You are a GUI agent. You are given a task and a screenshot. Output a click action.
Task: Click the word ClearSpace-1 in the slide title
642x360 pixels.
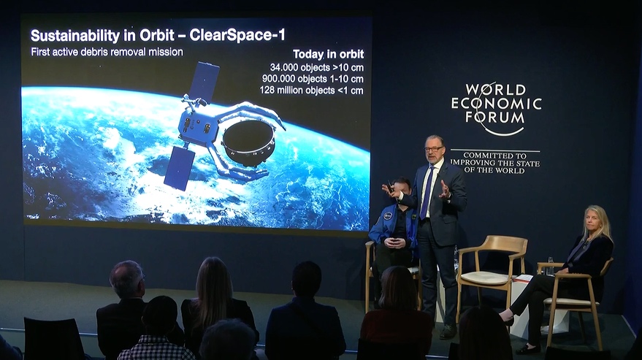pyautogui.click(x=237, y=35)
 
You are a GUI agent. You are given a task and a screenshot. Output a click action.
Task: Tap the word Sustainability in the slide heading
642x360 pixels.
pyautogui.click(x=75, y=36)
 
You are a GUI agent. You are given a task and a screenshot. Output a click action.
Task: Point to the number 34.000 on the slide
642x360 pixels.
pyautogui.click(x=283, y=67)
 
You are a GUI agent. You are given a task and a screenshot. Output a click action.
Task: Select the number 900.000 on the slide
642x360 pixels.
pyautogui.click(x=278, y=79)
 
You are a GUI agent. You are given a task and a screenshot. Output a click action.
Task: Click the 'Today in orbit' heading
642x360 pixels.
pyautogui.click(x=328, y=54)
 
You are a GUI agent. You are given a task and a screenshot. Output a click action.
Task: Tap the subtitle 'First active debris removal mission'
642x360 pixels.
pyautogui.click(x=107, y=52)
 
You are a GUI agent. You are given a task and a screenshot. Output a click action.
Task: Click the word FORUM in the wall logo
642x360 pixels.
pyautogui.click(x=495, y=117)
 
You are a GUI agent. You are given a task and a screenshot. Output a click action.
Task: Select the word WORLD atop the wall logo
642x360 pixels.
pyautogui.click(x=495, y=89)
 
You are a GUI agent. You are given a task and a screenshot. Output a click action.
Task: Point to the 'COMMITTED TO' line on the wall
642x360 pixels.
pyautogui.click(x=494, y=156)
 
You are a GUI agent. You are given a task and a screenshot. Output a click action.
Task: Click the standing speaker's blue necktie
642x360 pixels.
pyautogui.click(x=427, y=192)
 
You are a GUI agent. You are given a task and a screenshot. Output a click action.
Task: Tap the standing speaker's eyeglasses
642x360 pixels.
pyautogui.click(x=433, y=149)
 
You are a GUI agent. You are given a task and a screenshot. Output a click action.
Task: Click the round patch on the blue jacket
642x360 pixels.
pyautogui.click(x=388, y=216)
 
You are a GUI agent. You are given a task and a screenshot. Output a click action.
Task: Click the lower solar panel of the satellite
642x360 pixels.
pyautogui.click(x=180, y=168)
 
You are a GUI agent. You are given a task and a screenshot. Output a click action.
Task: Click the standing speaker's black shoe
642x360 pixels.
pyautogui.click(x=448, y=331)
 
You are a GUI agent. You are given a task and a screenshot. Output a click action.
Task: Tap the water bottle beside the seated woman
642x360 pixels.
pyautogui.click(x=550, y=267)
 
